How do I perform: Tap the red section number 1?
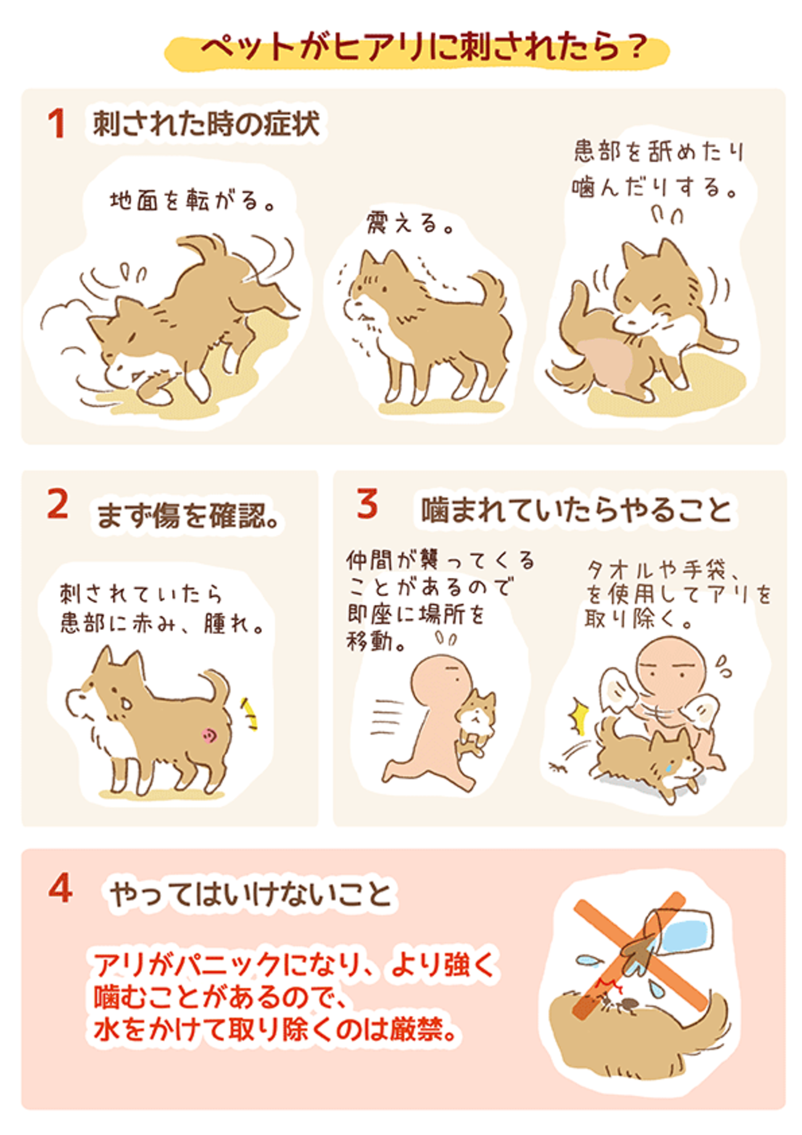click(x=56, y=124)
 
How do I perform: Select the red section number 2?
click(x=57, y=505)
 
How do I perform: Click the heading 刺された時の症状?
click(x=206, y=124)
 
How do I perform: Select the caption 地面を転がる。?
click(x=192, y=201)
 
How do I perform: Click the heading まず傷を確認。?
click(x=189, y=516)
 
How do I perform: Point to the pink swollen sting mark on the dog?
click(x=209, y=734)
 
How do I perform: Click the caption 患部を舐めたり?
click(x=659, y=152)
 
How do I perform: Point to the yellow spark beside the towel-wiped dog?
click(x=579, y=717)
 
